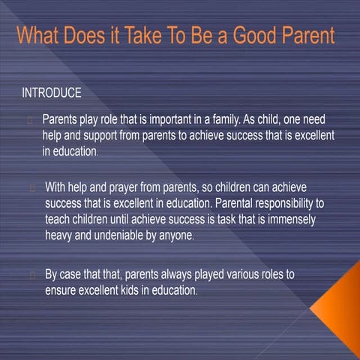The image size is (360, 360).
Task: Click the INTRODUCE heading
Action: [52, 94]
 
